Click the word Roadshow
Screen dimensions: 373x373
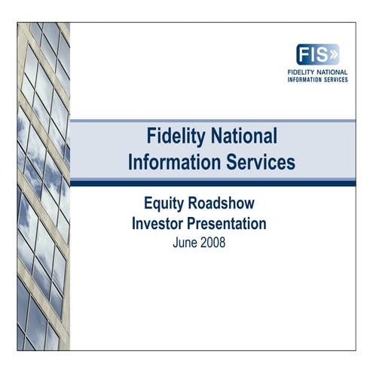coord(223,204)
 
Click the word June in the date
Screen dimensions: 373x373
coord(186,243)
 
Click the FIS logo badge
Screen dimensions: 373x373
coord(318,55)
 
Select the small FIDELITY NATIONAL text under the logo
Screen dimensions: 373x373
coord(317,72)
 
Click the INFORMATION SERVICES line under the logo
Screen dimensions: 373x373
coord(317,79)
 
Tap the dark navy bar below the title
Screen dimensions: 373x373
coord(212,182)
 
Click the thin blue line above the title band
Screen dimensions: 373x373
coord(212,121)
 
